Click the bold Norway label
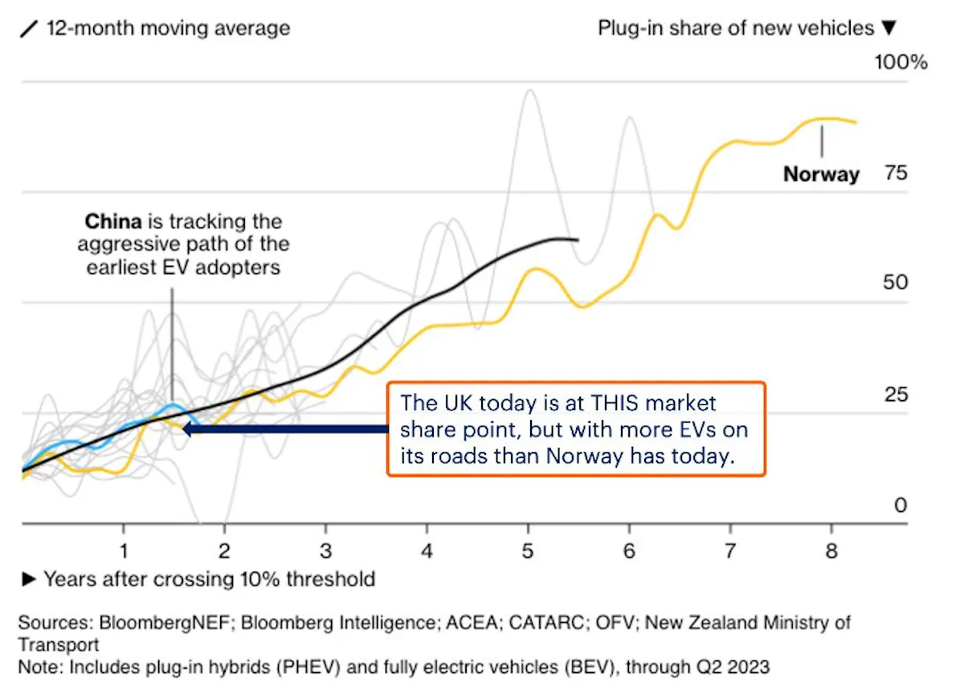(821, 174)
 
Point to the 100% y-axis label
(901, 62)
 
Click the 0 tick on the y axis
(901, 505)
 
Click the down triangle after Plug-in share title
(888, 29)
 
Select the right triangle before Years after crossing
(29, 579)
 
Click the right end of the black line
(578, 239)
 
